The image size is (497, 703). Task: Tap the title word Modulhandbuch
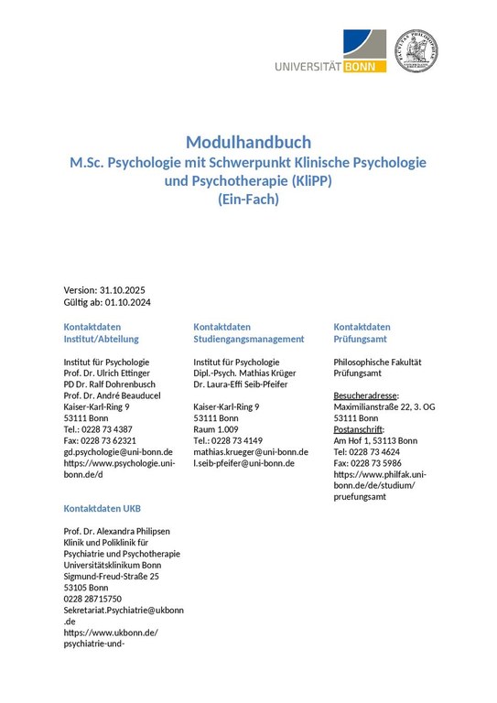click(x=248, y=142)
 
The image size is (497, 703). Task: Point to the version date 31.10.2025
click(x=134, y=290)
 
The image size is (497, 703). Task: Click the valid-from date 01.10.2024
click(x=128, y=303)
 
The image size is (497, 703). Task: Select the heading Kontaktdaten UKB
click(x=103, y=508)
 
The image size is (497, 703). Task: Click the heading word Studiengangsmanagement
click(x=249, y=339)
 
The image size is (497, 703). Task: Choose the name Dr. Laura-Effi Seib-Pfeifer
click(x=242, y=385)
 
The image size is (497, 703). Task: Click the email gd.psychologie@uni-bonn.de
click(x=118, y=452)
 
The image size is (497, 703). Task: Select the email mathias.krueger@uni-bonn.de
click(x=251, y=452)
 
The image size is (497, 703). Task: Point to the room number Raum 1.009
click(x=216, y=429)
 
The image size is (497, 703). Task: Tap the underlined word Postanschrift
click(x=360, y=429)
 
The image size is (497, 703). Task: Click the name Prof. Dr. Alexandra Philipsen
click(x=116, y=531)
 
